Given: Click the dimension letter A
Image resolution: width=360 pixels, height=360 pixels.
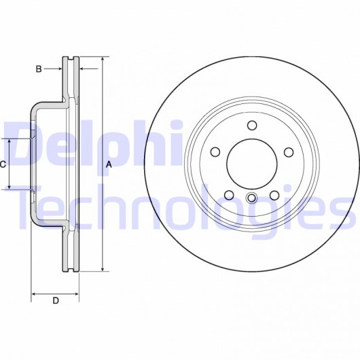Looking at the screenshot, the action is tap(109, 164).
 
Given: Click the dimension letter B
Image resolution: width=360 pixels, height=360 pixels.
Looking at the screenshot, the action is tap(39, 69).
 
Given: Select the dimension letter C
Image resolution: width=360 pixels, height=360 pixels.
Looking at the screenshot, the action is tap(3, 164).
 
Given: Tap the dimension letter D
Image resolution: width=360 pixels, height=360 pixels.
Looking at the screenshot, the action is tap(56, 300).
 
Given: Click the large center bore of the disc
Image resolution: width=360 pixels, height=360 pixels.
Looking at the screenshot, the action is tap(252, 164).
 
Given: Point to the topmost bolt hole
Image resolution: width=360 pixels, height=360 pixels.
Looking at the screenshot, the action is tap(252, 126).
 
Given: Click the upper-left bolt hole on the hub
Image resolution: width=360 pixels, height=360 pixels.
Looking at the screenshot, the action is tap(215, 152).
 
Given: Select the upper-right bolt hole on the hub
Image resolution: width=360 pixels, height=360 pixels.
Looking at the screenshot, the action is tap(289, 152).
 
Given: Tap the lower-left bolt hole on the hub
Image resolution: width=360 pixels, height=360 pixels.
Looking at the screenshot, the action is tap(229, 195).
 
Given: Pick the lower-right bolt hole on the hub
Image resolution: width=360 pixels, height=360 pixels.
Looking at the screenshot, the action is tap(274, 196).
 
